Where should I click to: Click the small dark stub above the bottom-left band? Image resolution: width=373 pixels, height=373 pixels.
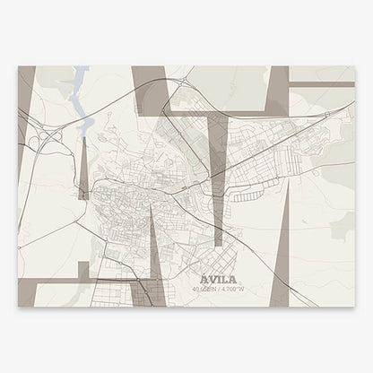pyautogui.click(x=82, y=270)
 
